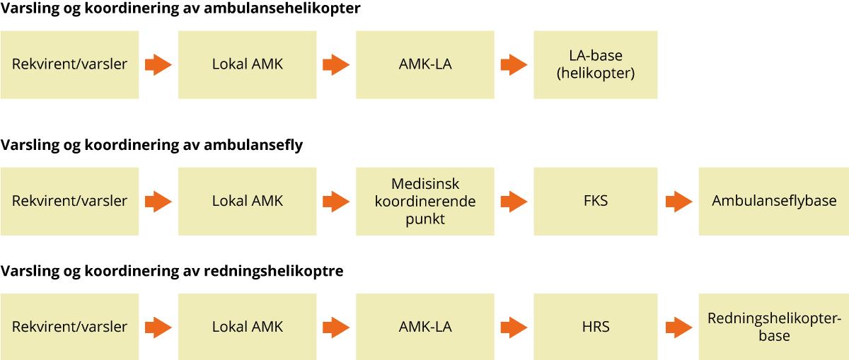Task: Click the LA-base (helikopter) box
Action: click(x=596, y=65)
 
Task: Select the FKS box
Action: click(x=596, y=202)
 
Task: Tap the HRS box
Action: click(x=596, y=327)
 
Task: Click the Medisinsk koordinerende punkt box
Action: click(x=425, y=202)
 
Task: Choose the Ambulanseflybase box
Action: click(x=774, y=202)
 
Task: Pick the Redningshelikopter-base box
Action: click(x=774, y=327)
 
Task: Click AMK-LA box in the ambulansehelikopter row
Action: click(x=425, y=65)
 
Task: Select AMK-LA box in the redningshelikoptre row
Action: click(x=425, y=327)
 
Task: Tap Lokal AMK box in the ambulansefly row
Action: click(x=247, y=202)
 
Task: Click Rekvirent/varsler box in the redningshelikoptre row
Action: click(x=69, y=327)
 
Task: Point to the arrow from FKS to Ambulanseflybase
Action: click(x=678, y=202)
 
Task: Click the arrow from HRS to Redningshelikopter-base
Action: click(x=678, y=327)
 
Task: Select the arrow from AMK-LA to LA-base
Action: click(x=514, y=65)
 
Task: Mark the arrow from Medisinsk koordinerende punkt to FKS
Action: click(x=514, y=202)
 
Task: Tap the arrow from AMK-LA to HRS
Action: click(x=514, y=327)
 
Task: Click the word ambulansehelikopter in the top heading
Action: click(x=282, y=8)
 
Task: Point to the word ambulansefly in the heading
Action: click(x=253, y=145)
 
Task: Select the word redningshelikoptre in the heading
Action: click(x=274, y=271)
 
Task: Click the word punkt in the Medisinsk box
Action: click(x=425, y=219)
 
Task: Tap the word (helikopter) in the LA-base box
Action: click(x=596, y=73)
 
